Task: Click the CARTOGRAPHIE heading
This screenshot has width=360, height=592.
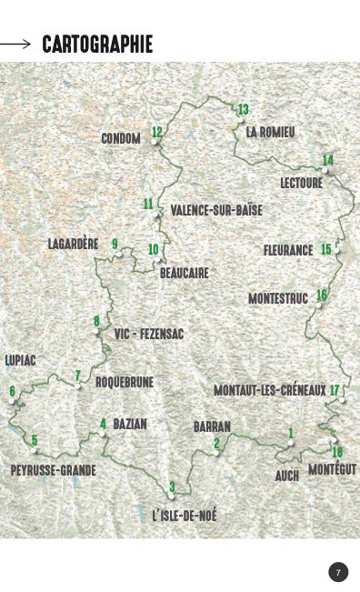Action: (97, 44)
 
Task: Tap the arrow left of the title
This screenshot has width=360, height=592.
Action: (15, 43)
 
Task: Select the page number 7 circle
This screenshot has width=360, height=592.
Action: (338, 572)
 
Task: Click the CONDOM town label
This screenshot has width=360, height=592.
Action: (121, 138)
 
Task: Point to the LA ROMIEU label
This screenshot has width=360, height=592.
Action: (270, 132)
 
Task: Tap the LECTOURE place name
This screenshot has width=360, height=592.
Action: (301, 182)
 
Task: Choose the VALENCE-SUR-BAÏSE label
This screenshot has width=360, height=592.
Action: (216, 210)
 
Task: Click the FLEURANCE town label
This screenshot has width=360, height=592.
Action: (288, 250)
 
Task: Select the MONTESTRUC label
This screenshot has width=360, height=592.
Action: (278, 298)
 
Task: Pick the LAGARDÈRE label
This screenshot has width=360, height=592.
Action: (73, 244)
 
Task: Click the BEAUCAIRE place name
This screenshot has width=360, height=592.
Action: (184, 272)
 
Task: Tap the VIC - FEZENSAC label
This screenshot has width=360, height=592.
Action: (149, 335)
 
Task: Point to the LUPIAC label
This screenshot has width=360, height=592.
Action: (21, 360)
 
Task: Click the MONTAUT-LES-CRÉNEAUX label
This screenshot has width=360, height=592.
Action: (269, 390)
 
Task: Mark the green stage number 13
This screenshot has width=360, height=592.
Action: (243, 110)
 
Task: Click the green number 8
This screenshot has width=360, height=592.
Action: (96, 321)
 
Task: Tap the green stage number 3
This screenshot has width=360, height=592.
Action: (172, 486)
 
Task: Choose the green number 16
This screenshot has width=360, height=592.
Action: (321, 295)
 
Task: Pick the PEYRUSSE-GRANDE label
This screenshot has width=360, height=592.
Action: (53, 470)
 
